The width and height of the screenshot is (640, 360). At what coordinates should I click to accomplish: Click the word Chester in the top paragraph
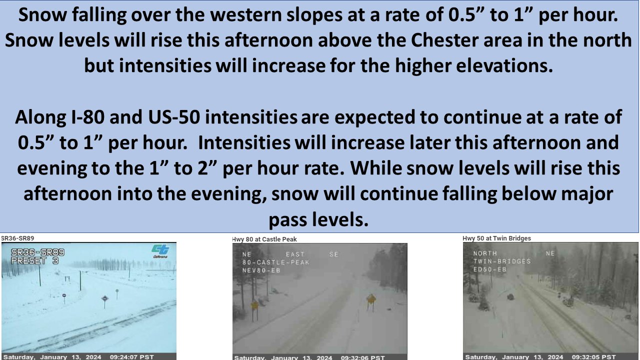click(x=444, y=40)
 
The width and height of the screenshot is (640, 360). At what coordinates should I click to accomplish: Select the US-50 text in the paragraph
click(x=173, y=117)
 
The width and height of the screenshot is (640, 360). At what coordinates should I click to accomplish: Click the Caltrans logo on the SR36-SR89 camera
click(x=160, y=251)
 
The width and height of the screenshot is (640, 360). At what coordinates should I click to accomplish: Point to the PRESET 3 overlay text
click(x=35, y=260)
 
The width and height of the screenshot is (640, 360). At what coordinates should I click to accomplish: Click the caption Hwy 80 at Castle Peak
click(x=264, y=239)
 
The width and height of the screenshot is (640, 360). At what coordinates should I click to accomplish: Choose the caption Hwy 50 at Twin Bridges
click(x=496, y=238)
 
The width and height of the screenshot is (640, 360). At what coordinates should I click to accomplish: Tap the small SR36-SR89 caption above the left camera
click(x=17, y=238)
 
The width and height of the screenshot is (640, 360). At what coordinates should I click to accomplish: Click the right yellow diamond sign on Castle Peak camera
click(x=371, y=299)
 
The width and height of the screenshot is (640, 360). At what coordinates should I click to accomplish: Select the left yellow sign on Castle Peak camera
click(x=254, y=305)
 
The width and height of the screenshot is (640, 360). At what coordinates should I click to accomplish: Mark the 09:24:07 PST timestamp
click(x=131, y=357)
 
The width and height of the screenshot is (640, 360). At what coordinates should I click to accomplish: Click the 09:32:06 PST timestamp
click(x=362, y=357)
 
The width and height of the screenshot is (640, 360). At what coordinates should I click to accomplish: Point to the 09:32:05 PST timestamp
click(x=593, y=357)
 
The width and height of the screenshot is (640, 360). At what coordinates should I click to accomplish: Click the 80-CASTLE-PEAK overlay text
click(x=276, y=262)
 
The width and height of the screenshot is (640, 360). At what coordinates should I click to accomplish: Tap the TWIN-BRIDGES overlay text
click(x=502, y=261)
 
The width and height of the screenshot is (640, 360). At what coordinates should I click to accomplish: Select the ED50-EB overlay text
click(x=489, y=269)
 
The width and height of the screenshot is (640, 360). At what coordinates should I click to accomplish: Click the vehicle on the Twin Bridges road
click(x=510, y=297)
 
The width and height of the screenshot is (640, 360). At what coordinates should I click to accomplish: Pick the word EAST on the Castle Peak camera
click(x=295, y=254)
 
